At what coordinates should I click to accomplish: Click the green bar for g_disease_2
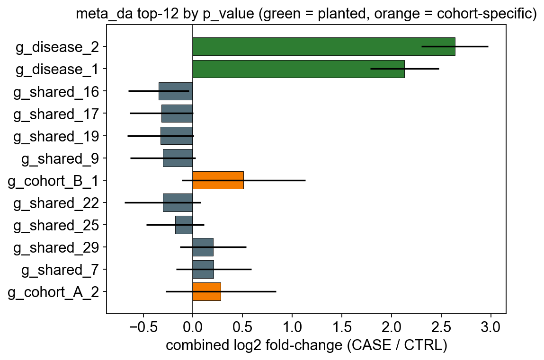[324, 47]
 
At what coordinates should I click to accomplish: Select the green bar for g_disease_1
[298, 69]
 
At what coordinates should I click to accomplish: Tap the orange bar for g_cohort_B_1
[218, 180]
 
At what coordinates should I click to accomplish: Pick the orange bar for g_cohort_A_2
[206, 292]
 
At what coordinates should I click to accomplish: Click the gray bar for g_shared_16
[176, 91]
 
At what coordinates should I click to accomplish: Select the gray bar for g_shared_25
[184, 225]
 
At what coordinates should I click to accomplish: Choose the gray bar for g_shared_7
[203, 270]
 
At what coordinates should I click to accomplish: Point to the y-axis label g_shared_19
[56, 137]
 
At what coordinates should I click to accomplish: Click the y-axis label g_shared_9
[61, 158]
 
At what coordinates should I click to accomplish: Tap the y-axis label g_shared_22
[56, 203]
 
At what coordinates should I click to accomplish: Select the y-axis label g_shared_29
[56, 248]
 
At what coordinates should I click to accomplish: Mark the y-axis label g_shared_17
[56, 114]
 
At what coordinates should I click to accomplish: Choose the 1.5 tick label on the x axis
[342, 327]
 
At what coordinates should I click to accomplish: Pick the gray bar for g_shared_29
[203, 247]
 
